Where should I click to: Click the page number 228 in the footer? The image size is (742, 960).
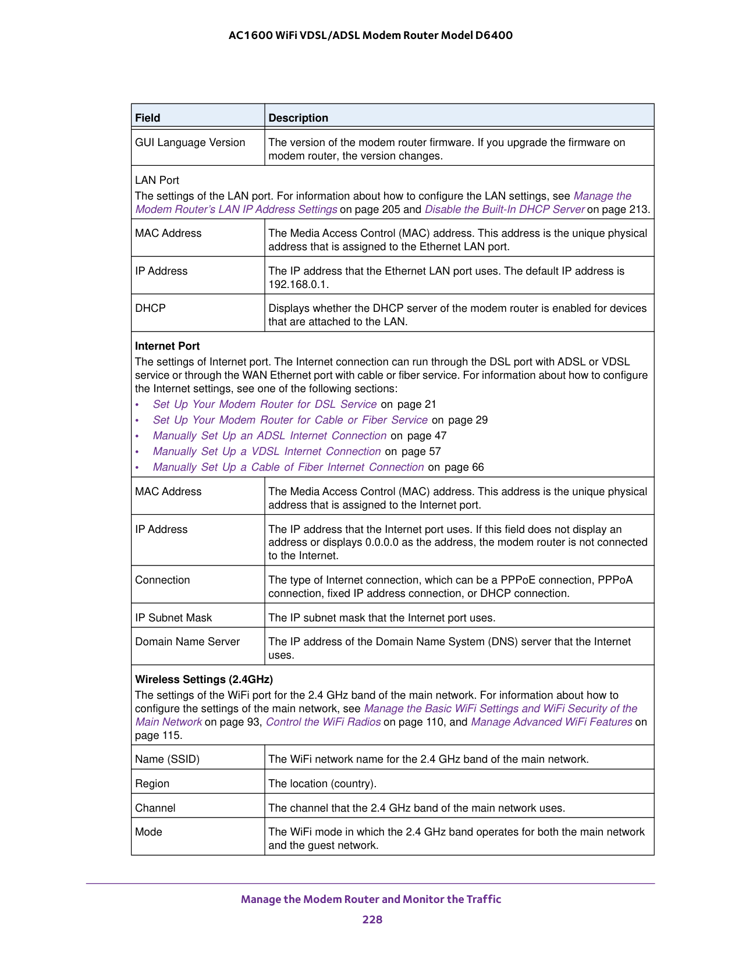pos(372,919)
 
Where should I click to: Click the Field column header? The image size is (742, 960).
pos(148,118)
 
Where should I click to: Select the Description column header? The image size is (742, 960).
pos(298,118)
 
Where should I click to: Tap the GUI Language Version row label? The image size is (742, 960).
pos(190,143)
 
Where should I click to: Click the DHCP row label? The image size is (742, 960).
pos(151,308)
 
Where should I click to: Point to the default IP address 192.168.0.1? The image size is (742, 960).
pos(298,285)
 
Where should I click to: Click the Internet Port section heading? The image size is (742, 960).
pos(168,346)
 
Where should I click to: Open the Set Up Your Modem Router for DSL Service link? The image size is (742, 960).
pos(265,404)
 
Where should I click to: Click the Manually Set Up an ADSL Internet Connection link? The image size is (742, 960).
pos(269,436)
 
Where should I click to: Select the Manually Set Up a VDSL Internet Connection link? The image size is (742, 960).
pos(267,451)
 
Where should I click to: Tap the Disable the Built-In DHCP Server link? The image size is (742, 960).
pos(505,209)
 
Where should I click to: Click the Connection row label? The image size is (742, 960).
pos(163,580)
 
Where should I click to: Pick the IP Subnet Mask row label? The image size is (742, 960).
pos(173,618)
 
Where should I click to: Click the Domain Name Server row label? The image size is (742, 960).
pos(187,642)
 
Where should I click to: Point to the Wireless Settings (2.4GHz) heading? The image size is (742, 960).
pos(204,680)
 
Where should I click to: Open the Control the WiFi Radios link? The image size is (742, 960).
pos(324,722)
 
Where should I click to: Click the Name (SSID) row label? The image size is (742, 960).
pos(168,759)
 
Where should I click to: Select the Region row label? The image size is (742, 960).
pos(152,784)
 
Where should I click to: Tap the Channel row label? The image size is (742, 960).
pos(155,808)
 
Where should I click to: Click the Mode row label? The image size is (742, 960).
pos(149,832)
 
